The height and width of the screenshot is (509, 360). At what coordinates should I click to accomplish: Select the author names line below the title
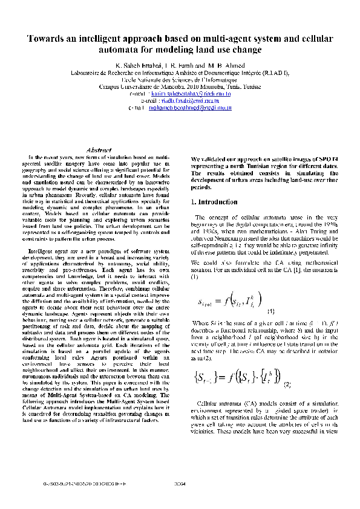(180, 65)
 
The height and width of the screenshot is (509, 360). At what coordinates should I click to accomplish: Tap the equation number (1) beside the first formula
(271, 311)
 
